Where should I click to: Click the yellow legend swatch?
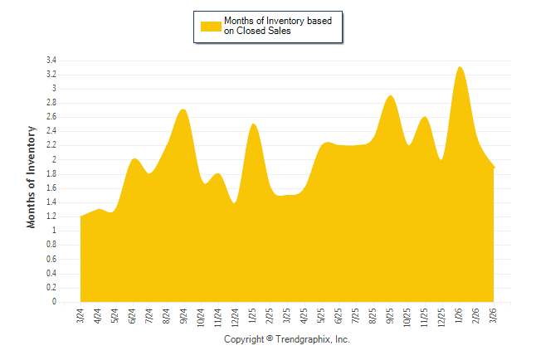coord(211,26)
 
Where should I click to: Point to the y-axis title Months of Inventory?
coord(32,177)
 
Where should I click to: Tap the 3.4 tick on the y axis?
coord(51,61)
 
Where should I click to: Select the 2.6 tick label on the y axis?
coord(51,117)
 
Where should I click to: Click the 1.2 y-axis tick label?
coord(51,216)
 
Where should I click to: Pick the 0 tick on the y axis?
coord(54,302)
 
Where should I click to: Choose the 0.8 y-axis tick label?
coord(51,246)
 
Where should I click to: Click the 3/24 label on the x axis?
coord(80,316)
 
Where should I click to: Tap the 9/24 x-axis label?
coord(184,316)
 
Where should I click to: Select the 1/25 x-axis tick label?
coord(253,316)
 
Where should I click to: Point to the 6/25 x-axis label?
coord(339,316)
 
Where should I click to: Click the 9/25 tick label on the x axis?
coord(391,316)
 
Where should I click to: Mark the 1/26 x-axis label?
coord(460,316)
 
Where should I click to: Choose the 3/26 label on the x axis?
coord(495,316)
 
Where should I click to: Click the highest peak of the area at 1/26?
coord(460,67)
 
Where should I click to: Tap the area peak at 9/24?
coord(184,109)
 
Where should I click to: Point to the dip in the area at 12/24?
coord(235,202)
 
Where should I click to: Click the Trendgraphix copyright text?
coord(287,340)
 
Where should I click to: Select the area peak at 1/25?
coord(253,124)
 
